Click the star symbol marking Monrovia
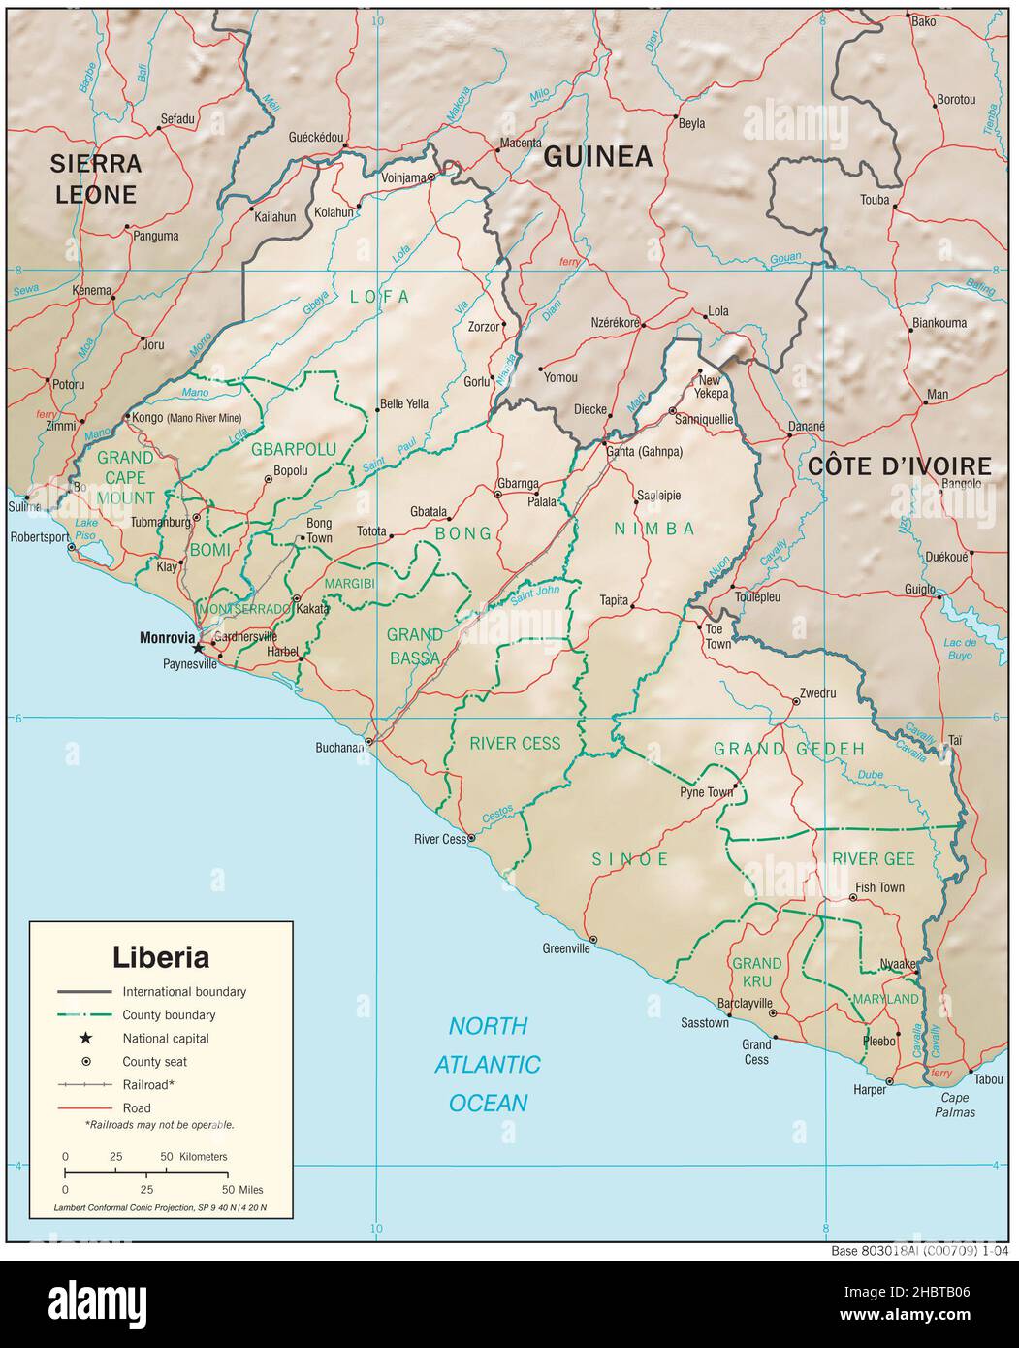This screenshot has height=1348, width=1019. [199, 648]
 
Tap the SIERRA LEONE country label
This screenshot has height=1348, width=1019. [96, 178]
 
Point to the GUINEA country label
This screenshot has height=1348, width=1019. [597, 157]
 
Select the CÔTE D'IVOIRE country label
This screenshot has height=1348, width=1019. [899, 466]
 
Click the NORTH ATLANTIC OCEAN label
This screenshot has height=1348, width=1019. [488, 1064]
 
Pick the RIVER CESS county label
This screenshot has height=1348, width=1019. [515, 744]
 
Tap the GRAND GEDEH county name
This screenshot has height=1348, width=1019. [789, 749]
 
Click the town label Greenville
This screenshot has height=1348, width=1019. [566, 949]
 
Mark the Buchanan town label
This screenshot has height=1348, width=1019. [338, 748]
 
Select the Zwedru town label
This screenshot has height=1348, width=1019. [816, 694]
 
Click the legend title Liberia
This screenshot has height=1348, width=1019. [161, 957]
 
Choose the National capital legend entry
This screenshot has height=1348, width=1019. [165, 1039]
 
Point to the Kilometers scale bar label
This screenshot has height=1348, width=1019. [203, 1157]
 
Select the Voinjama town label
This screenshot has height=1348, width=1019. [404, 177]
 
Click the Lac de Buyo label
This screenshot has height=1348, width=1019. [958, 649]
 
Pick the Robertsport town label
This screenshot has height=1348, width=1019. [36, 536]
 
